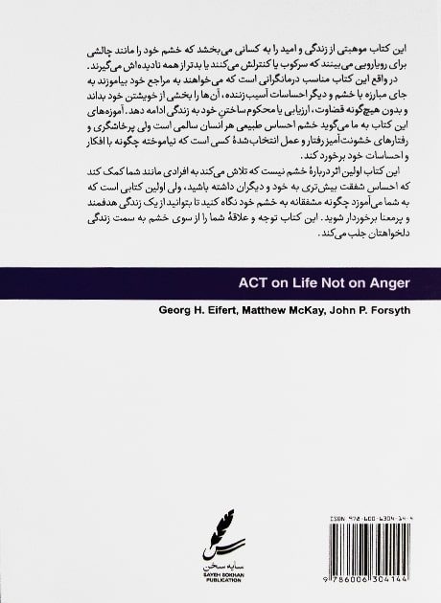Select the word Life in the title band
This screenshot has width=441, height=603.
click(302, 283)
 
